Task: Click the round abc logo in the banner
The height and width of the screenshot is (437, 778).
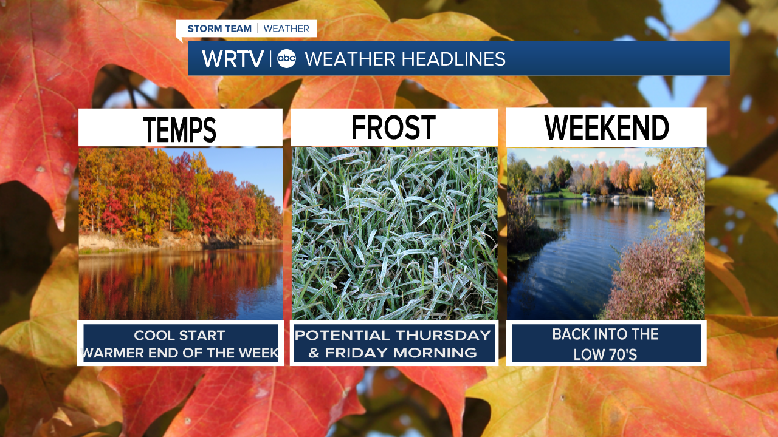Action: click(286, 58)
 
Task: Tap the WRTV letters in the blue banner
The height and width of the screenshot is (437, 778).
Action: click(233, 59)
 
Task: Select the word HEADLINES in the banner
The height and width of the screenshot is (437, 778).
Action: click(453, 59)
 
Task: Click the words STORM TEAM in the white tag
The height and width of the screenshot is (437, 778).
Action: click(219, 29)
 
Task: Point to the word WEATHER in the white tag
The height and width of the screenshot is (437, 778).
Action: click(286, 29)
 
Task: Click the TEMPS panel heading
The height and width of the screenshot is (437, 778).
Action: click(179, 129)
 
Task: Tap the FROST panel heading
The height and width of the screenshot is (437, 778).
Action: click(393, 127)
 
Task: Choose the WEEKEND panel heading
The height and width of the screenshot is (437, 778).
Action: click(607, 127)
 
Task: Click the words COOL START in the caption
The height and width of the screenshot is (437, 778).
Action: click(179, 336)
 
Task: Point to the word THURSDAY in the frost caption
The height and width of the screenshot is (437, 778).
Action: click(443, 336)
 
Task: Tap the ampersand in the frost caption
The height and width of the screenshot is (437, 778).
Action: click(314, 353)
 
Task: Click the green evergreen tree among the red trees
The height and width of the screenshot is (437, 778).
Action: click(182, 214)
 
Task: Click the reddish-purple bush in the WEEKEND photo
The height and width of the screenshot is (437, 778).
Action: click(646, 281)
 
